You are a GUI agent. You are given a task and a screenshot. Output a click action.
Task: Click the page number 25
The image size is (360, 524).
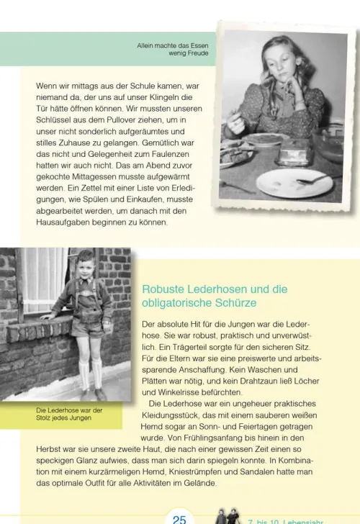179,518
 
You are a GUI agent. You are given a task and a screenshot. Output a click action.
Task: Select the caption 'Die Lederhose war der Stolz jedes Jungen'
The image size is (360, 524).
69,414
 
